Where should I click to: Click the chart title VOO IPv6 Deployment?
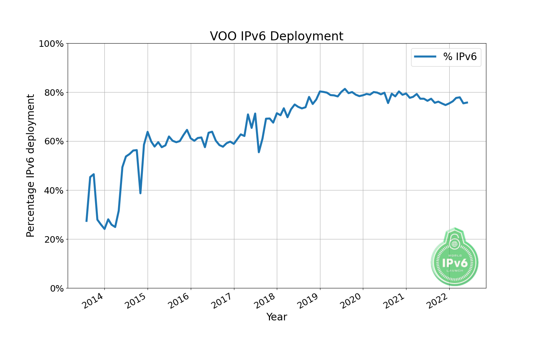tap(276, 36)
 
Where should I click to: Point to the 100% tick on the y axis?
tap(51, 44)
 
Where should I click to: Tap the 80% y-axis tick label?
tap(53, 93)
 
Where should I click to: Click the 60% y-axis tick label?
tap(53, 141)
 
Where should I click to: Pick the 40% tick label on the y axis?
tap(53, 190)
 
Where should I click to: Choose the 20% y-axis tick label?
tap(53, 239)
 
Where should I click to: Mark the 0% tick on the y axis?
tap(56, 288)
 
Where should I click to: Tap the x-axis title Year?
tap(276, 317)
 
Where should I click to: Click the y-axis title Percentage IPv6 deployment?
tap(31, 166)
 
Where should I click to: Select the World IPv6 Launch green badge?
tap(455, 258)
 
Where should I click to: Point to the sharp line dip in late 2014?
tap(140, 193)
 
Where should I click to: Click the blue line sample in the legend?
tap(425, 57)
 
